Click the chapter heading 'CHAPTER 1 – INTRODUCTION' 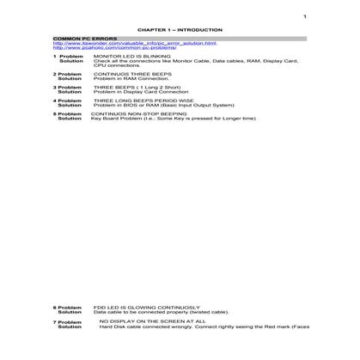pyautogui.click(x=180, y=28)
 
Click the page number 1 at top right pyautogui.click(x=304, y=16)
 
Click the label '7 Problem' pyautogui.click(x=69, y=322)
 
